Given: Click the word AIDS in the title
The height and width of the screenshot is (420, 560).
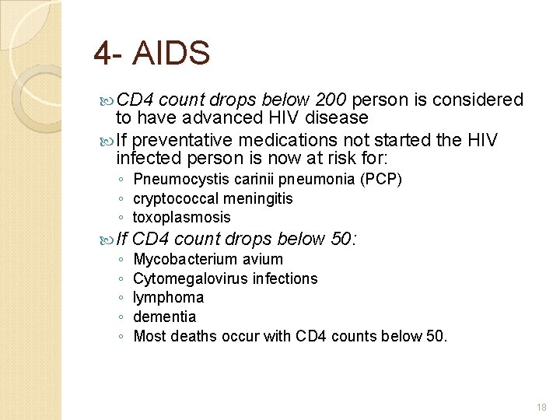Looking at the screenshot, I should pyautogui.click(x=172, y=54).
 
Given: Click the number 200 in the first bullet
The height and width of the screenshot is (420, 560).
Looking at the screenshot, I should pyautogui.click(x=332, y=100).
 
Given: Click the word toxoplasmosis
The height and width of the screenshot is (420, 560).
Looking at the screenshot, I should pyautogui.click(x=182, y=217).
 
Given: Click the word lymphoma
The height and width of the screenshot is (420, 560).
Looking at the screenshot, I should pyautogui.click(x=169, y=297).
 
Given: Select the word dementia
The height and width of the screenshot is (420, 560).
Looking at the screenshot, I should pyautogui.click(x=165, y=317).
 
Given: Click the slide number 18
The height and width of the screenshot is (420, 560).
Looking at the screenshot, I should pyautogui.click(x=541, y=407).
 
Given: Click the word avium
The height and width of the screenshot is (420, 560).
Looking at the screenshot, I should pyautogui.click(x=261, y=259).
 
